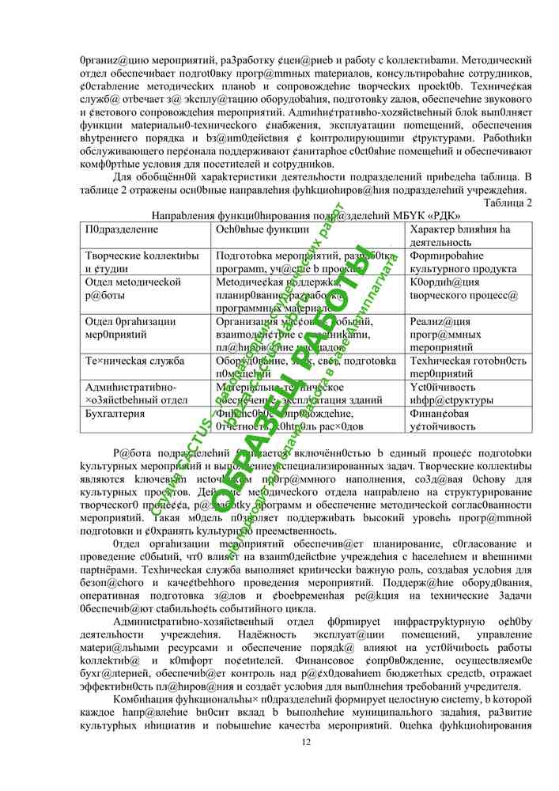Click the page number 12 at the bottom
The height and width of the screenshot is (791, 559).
point(307,741)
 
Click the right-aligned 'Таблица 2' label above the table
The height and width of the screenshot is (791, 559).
point(507,202)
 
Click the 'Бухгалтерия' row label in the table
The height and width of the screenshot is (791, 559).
point(114,414)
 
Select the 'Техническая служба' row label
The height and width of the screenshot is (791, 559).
point(134,361)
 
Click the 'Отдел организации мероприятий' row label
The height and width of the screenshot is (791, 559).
point(130,327)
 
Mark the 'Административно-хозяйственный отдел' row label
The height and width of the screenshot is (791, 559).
point(135,393)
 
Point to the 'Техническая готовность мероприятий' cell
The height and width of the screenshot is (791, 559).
point(462,367)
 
